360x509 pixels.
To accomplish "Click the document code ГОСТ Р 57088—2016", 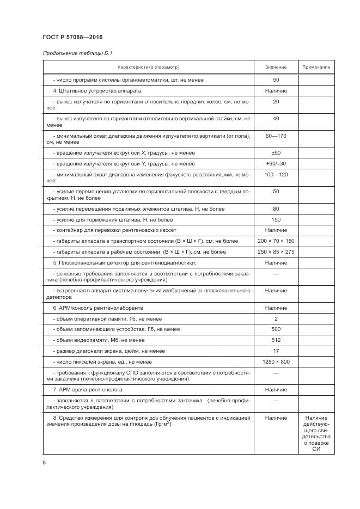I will click(x=72, y=37).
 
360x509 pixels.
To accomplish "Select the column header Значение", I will click(x=276, y=67).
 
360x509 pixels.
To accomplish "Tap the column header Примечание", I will click(x=316, y=67).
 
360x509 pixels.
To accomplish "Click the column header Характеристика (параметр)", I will click(x=148, y=67).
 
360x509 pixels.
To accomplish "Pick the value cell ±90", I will click(x=276, y=153).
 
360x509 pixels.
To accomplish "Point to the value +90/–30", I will click(x=276, y=163).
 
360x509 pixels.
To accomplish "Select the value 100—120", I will click(x=276, y=174).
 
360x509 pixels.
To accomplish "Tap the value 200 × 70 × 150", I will click(x=276, y=241).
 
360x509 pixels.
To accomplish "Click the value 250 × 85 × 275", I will click(x=276, y=252).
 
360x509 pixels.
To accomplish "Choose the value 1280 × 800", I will click(x=276, y=361).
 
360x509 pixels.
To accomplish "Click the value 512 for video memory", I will click(x=276, y=340).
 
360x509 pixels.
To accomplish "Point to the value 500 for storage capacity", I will click(x=276, y=329).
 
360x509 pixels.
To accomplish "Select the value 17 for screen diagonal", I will click(x=276, y=351).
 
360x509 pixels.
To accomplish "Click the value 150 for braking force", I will click(x=276, y=219).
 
